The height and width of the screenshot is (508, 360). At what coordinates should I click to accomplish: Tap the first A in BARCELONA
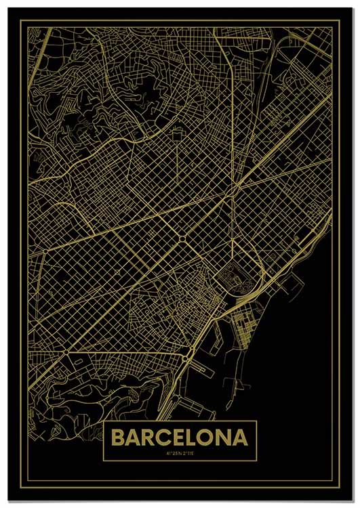(x=135, y=438)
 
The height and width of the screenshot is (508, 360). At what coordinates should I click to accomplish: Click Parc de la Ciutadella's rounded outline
(x=235, y=278)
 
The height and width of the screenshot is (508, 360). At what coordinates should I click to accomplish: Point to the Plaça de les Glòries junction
(x=235, y=184)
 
